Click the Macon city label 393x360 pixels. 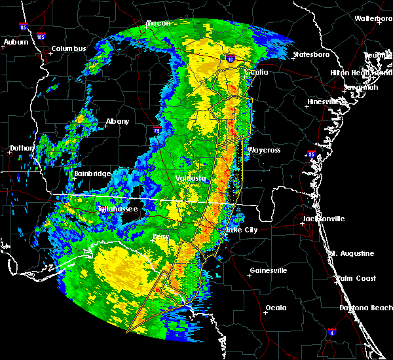(x=158, y=24)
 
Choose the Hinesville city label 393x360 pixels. (x=326, y=101)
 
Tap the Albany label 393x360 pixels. (x=117, y=121)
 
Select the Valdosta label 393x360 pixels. (x=191, y=177)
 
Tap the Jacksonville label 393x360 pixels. (x=324, y=218)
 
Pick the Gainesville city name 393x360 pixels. (x=269, y=270)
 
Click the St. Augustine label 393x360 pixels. (x=352, y=253)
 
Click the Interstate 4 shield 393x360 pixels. (x=331, y=333)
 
